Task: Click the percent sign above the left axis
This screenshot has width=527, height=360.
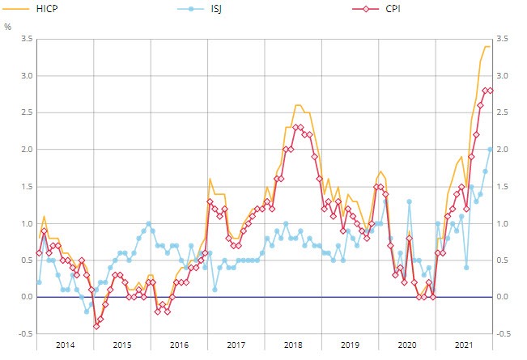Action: [8, 27]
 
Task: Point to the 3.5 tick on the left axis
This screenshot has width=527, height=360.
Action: [27, 39]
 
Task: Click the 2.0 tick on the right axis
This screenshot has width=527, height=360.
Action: [506, 150]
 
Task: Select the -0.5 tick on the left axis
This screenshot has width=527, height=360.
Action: [26, 334]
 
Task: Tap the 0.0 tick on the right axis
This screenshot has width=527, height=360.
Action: [506, 297]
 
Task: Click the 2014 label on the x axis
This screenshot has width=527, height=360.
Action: [66, 345]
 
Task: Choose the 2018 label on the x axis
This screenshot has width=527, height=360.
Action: [293, 345]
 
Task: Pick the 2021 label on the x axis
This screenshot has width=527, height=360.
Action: [463, 345]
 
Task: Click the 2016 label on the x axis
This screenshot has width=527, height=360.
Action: [179, 345]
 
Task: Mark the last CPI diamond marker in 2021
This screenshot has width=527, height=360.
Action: [490, 91]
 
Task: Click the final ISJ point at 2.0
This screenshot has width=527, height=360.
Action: [490, 149]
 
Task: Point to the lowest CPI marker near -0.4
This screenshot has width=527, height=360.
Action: [96, 326]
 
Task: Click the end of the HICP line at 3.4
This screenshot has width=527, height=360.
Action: [491, 46]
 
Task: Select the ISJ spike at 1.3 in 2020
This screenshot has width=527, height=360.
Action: [410, 201]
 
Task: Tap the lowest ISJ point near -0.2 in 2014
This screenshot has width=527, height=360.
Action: [87, 311]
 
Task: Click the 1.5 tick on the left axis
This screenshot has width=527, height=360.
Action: [27, 186]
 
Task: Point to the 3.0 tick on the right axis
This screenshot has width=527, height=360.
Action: [506, 76]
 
